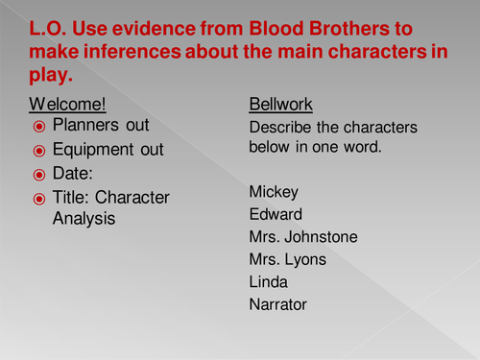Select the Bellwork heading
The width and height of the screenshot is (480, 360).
coord(277,103)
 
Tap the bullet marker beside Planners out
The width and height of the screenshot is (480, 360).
coord(39,126)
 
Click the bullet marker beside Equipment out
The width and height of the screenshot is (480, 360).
coord(39,150)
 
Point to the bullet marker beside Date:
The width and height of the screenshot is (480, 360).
coord(39,174)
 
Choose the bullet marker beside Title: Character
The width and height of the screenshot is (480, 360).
coord(39,198)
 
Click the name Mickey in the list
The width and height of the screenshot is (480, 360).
coord(272,191)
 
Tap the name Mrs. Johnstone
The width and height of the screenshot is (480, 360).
coord(299,236)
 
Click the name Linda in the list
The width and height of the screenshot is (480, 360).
coord(268,282)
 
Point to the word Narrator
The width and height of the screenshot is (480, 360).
coord(277,305)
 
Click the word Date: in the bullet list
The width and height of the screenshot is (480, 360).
coord(73,174)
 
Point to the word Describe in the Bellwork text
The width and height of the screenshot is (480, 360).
coord(280,126)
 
